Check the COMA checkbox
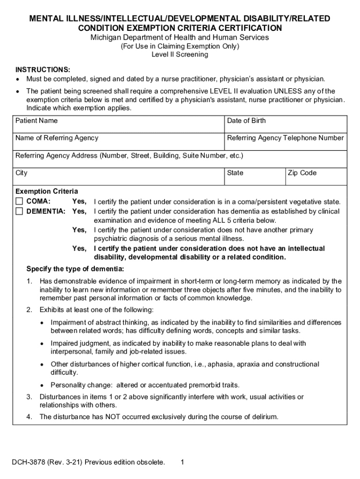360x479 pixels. tap(19, 202)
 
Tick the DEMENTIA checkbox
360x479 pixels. tap(19, 211)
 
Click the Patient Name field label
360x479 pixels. tap(36, 121)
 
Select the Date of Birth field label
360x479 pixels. tap(246, 121)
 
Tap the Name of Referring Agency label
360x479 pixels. tap(57, 138)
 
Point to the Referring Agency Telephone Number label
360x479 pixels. tap(285, 138)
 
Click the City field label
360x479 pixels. tap(22, 173)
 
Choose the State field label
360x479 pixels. tap(235, 173)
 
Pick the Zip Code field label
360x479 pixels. tap(302, 173)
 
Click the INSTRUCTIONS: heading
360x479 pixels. tap(43, 69)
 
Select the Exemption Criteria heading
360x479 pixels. tap(47, 191)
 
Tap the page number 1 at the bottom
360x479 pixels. tap(182, 462)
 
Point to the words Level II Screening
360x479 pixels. tap(180, 54)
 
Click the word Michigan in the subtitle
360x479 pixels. tap(105, 37)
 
